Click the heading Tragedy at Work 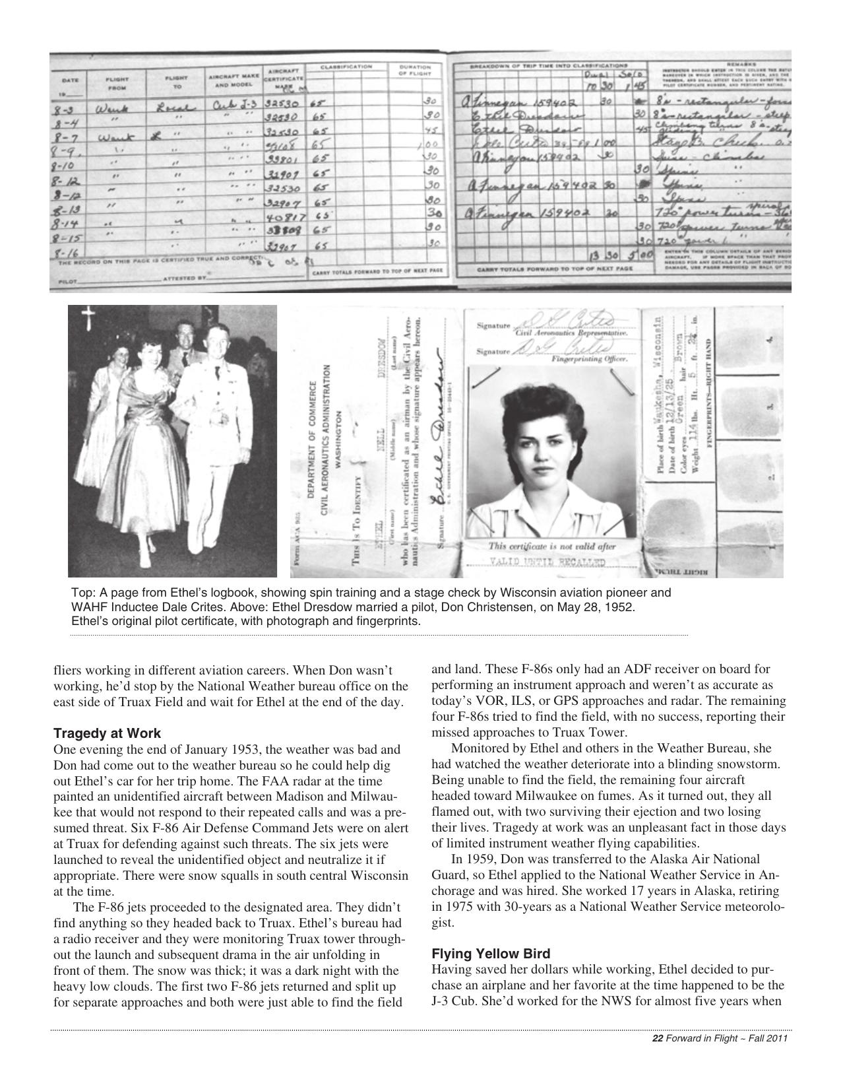tap(107, 733)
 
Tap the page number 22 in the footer tap(657, 1038)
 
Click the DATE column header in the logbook tap(70, 80)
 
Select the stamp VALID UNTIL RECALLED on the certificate tap(547, 562)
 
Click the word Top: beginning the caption tap(82, 593)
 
